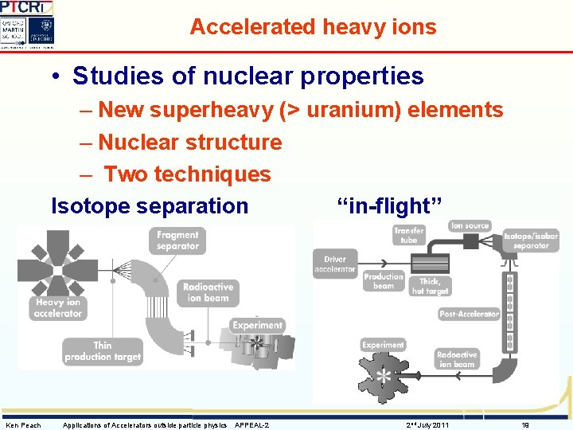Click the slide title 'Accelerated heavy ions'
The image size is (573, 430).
pyautogui.click(x=313, y=27)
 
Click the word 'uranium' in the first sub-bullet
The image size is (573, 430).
pyautogui.click(x=353, y=110)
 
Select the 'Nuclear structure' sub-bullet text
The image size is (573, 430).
pyautogui.click(x=190, y=143)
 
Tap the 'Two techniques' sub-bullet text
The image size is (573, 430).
pyautogui.click(x=187, y=174)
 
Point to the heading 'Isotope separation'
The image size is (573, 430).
pyautogui.click(x=150, y=206)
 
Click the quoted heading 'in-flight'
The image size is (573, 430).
pyautogui.click(x=383, y=206)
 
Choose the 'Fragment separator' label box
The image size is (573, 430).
pyautogui.click(x=177, y=240)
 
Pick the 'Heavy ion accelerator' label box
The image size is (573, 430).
pyautogui.click(x=58, y=308)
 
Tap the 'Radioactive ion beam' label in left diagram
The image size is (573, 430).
pyautogui.click(x=208, y=292)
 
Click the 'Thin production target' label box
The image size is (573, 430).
pyautogui.click(x=103, y=351)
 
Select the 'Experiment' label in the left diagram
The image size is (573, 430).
pyautogui.click(x=257, y=325)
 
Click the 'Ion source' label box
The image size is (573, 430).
pyautogui.click(x=470, y=226)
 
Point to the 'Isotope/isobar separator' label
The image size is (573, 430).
pyautogui.click(x=531, y=240)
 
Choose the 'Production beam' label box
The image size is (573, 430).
pyautogui.click(x=384, y=281)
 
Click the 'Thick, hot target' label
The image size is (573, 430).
pyautogui.click(x=431, y=286)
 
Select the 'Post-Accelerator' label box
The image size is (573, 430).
pyautogui.click(x=469, y=315)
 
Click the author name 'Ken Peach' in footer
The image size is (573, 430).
pyautogui.click(x=24, y=425)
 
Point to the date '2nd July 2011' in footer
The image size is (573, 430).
pyautogui.click(x=427, y=425)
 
